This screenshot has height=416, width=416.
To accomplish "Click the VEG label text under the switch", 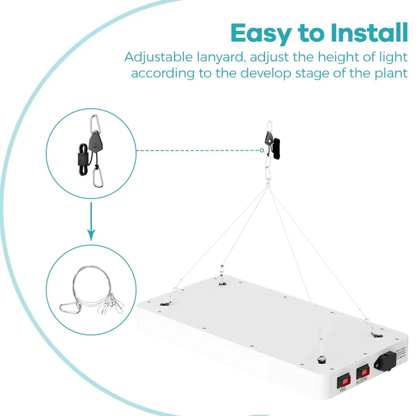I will click(343, 390).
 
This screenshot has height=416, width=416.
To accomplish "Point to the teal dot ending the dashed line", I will click(262, 151).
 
